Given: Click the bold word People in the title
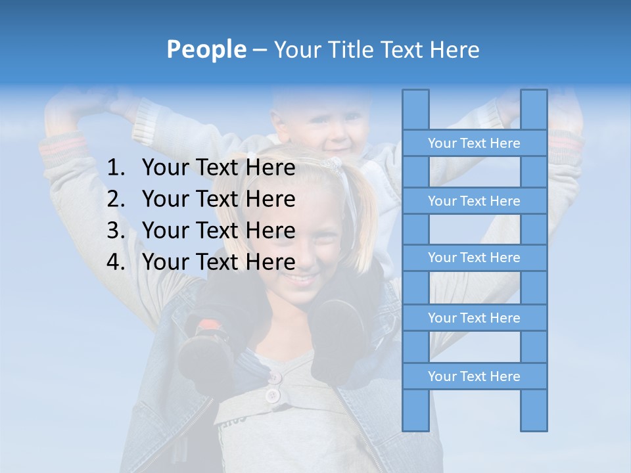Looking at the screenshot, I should pos(206,49).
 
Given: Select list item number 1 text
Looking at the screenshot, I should pos(218,168).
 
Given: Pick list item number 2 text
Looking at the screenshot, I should pos(218,199).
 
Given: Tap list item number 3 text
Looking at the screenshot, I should pos(218,231).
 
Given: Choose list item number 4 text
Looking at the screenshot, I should pos(218,262).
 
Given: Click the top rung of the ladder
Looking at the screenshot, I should pos(474,143).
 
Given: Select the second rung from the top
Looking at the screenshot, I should pos(474,201).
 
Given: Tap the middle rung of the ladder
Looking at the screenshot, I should pos(474,258).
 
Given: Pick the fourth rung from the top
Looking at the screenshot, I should pos(474,318).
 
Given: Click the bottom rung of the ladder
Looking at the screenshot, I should pos(474,376).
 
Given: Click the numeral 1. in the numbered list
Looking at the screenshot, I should pos(116,168).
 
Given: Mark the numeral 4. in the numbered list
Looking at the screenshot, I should pos(116,262).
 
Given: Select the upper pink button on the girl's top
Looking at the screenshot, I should pos(274,378).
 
